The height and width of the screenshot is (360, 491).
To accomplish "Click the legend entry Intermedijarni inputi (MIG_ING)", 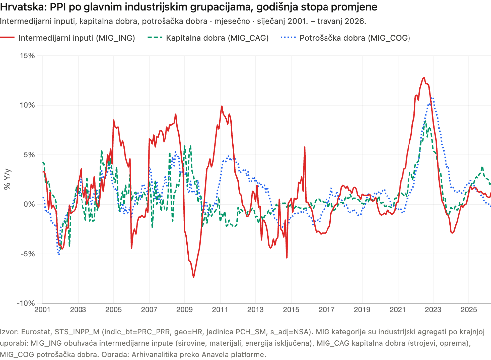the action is (x=67, y=38).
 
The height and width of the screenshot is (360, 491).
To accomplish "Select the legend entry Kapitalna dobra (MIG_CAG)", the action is (x=208, y=38).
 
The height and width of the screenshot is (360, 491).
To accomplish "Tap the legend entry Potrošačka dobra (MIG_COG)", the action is (x=345, y=38).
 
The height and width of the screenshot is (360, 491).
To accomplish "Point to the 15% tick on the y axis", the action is (x=27, y=56).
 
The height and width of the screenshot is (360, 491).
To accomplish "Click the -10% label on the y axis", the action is (x=26, y=303).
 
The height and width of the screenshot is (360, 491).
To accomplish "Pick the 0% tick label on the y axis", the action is (x=29, y=204).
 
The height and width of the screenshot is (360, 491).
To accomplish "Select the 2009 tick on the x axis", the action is (x=184, y=310).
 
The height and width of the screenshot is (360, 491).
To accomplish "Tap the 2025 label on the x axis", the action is (x=469, y=310).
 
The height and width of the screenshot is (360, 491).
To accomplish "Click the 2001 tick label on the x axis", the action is (x=42, y=310).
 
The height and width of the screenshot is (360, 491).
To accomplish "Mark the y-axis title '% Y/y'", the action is (x=7, y=180).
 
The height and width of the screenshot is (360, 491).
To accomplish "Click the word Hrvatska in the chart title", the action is (x=23, y=7).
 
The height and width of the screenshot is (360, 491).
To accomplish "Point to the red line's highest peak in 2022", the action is (x=424, y=78).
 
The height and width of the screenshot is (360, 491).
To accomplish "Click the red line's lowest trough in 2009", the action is (x=193, y=277).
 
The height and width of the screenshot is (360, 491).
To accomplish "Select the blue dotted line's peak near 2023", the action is (x=432, y=98).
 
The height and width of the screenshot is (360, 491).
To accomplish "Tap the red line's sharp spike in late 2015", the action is (x=304, y=147).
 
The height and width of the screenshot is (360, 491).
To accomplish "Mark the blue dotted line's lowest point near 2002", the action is (x=59, y=254).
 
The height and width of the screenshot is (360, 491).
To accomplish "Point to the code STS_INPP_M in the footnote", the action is (x=77, y=332).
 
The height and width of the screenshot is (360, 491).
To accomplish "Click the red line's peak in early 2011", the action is (x=222, y=106).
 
